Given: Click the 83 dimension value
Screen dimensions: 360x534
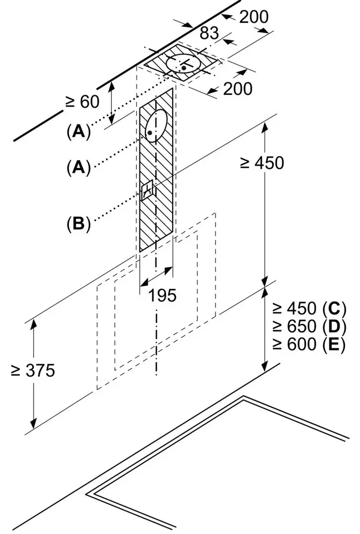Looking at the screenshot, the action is coord(209,33).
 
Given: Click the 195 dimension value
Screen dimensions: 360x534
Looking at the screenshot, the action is coord(162,295).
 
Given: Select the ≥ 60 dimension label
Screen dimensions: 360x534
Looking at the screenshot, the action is coord(83,101).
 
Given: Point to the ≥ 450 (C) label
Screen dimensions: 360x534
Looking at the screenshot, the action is coord(309,309).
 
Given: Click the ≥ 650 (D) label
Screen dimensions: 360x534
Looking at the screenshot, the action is coord(309,326).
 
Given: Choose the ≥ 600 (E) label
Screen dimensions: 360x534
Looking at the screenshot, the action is coord(309,344).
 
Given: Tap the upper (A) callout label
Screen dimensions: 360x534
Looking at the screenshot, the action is coord(79,131).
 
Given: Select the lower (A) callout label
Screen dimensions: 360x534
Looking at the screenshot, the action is coord(79,167).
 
